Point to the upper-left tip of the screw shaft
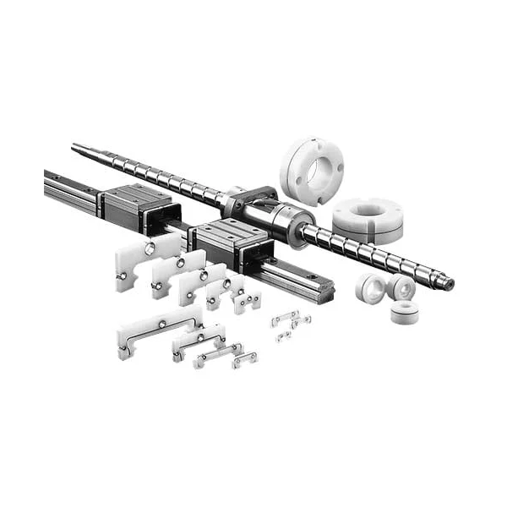(x=76, y=149)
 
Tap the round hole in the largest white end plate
(x=150, y=248)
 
